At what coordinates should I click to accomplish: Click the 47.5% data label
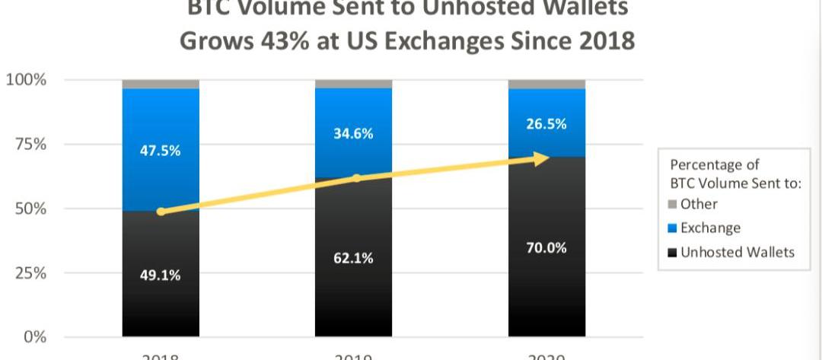(x=160, y=151)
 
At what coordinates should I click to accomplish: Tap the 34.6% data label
(x=353, y=134)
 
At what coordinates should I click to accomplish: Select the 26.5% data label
(x=546, y=124)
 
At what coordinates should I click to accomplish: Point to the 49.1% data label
(x=160, y=275)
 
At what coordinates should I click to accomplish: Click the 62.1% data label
(x=353, y=258)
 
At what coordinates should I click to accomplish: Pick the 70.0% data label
(x=546, y=248)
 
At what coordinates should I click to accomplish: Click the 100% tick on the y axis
(x=27, y=80)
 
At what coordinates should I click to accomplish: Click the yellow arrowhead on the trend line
(x=541, y=158)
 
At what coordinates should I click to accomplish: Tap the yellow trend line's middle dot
(x=355, y=178)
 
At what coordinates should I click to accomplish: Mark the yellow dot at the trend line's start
(x=161, y=212)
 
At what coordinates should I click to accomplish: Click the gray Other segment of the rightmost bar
(x=546, y=84)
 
